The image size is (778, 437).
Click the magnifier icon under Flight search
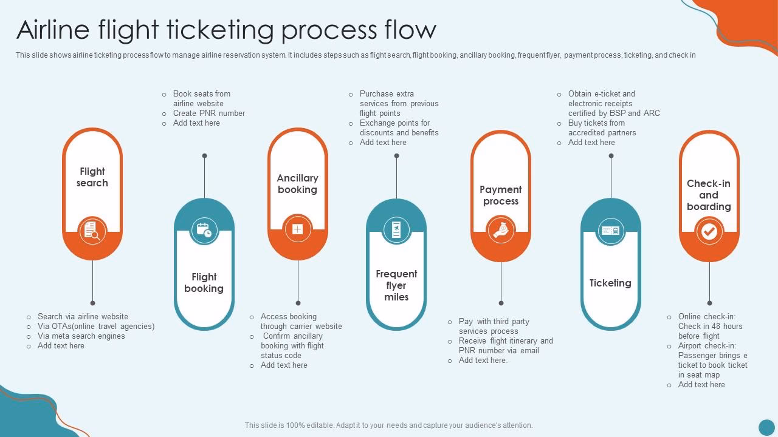tap(92, 231)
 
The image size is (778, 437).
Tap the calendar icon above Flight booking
tap(204, 230)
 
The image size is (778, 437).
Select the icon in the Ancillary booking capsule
tap(298, 229)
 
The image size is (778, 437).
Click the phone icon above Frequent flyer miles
tap(396, 230)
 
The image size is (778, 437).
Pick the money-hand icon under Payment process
tap(501, 231)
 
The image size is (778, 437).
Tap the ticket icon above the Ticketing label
tap(610, 231)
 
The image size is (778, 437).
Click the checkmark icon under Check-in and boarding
tap(709, 231)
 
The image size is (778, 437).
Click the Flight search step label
tap(92, 177)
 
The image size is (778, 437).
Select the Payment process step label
tap(501, 195)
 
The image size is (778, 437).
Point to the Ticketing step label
tap(610, 283)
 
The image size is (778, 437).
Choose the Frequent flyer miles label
tap(396, 285)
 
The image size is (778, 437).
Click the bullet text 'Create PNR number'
tap(208, 113)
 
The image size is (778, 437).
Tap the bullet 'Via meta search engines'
tap(81, 336)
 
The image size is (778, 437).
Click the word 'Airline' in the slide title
tap(54, 30)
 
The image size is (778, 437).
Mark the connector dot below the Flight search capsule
tap(92, 303)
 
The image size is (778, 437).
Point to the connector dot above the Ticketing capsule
tap(611, 156)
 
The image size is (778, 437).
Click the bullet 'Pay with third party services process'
tap(494, 327)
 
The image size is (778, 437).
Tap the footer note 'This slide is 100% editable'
tap(388, 425)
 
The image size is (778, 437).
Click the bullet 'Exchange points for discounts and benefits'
tap(399, 128)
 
